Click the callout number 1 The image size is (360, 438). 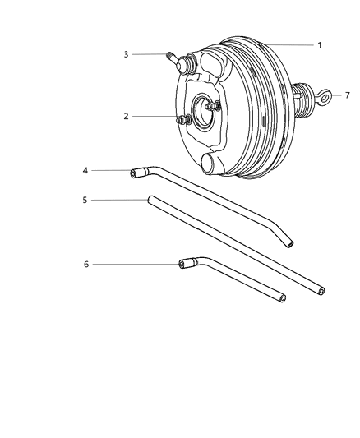[x=320, y=44]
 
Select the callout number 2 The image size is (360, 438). [x=127, y=117]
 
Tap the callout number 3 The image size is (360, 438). [x=127, y=54]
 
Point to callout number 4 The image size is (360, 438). [x=85, y=171]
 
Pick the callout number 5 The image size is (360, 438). [x=85, y=199]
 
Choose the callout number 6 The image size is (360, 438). [x=85, y=264]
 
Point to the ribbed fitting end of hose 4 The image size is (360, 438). [x=138, y=173]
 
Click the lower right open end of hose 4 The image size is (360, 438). [x=288, y=243]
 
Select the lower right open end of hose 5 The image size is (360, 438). [x=319, y=291]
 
